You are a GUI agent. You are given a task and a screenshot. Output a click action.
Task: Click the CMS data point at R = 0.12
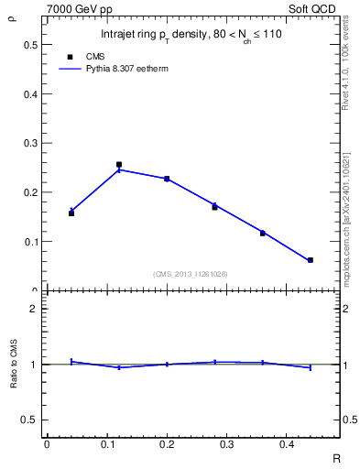119,165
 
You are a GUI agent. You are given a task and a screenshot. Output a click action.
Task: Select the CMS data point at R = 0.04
71,213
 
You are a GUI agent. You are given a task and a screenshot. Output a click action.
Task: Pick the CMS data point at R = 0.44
311,260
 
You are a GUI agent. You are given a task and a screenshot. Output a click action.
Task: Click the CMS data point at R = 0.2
167,179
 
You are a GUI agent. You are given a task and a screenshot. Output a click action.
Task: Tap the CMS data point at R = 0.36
263,233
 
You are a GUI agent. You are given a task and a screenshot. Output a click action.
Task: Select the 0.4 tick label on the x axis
287,446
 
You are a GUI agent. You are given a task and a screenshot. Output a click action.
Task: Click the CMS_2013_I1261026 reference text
191,274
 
